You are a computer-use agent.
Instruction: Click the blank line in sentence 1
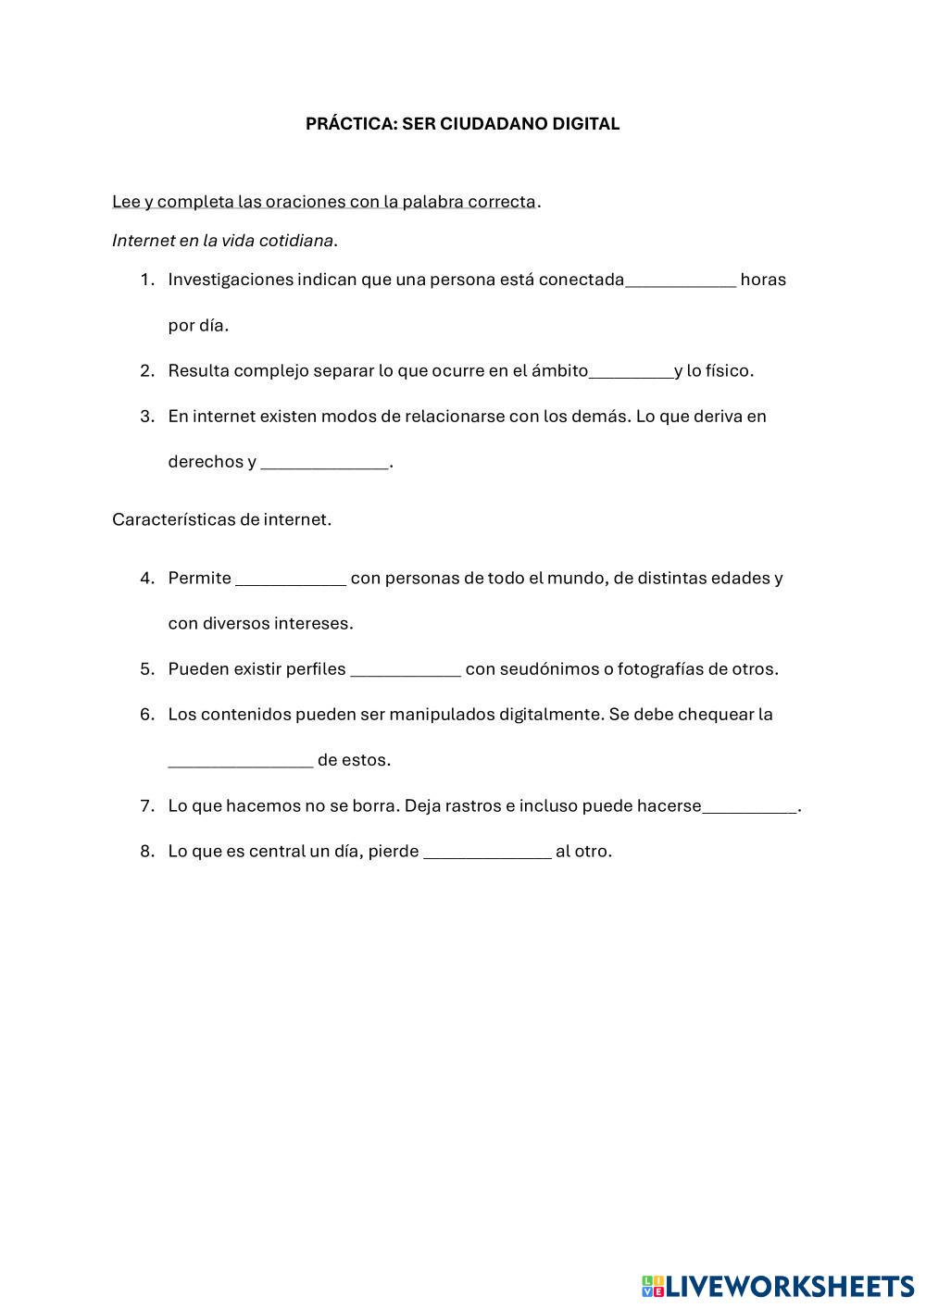coord(681,280)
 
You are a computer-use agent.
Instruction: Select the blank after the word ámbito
coord(631,371)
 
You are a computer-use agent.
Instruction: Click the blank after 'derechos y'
coord(324,463)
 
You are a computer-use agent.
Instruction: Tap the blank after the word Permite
coord(291,579)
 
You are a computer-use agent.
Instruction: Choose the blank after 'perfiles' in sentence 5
coord(406,669)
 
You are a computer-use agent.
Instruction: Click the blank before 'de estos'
coord(240,761)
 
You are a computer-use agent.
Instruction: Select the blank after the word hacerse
coord(749,806)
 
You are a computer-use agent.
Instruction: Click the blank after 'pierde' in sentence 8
coord(487,852)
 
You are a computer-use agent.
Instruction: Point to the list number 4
coord(146,579)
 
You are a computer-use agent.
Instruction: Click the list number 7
coord(146,806)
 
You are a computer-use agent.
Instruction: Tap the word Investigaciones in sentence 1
coord(230,280)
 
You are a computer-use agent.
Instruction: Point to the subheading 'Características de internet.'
coord(221,519)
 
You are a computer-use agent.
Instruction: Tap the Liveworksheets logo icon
coord(652,1286)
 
